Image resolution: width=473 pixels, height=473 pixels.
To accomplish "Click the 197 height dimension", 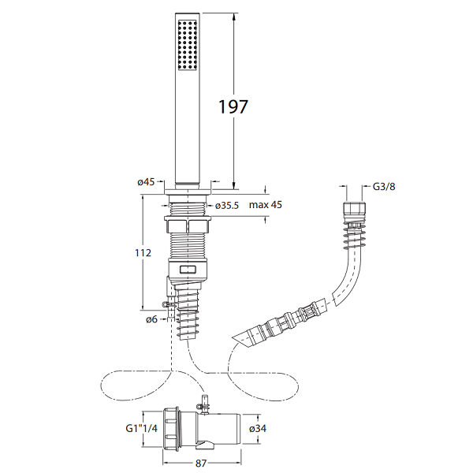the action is pos(233,106).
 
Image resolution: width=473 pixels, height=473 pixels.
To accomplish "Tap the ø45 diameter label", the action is pos(146,182).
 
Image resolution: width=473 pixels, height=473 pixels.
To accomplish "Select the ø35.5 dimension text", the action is pos(227,206).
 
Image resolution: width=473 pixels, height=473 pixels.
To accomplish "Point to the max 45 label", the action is pos(266,205).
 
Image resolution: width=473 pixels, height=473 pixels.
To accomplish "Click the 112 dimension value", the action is pos(143,252).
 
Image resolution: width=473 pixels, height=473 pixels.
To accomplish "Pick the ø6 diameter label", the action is pos(151,319).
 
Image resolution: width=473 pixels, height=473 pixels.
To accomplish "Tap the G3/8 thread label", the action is pos(384,186).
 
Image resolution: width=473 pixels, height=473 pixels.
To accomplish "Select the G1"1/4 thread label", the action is pos(141,428).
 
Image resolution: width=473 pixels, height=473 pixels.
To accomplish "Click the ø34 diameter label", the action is pos(258,428).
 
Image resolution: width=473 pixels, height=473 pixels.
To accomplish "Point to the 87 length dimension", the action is pos(201,463).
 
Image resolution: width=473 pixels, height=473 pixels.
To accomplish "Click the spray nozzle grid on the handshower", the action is pos(188,45).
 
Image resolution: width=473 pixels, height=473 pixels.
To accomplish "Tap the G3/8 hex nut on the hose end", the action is pos(355,211).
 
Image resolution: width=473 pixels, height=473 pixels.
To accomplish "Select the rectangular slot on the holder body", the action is pos(188,270).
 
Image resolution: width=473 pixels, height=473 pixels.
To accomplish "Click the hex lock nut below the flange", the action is pos(188,227).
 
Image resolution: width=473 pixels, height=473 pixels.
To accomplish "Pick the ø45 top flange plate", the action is pos(188,192).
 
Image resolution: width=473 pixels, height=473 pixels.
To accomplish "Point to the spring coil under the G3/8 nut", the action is pos(354,236).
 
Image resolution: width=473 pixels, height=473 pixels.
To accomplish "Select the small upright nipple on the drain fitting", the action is pos(206,404).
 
